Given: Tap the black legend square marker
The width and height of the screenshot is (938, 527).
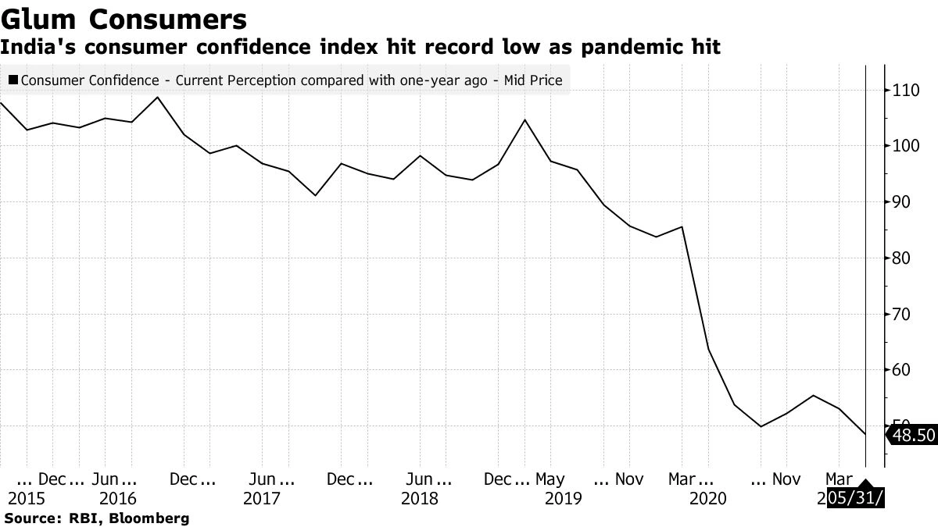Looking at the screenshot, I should tap(13, 80).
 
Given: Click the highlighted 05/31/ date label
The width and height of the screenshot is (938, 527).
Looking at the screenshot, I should tap(856, 498).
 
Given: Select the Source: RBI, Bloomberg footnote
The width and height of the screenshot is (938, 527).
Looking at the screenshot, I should tap(97, 518).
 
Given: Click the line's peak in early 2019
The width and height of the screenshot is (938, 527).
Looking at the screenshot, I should tap(524, 120).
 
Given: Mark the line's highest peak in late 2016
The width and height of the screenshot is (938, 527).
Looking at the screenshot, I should tap(157, 98).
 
